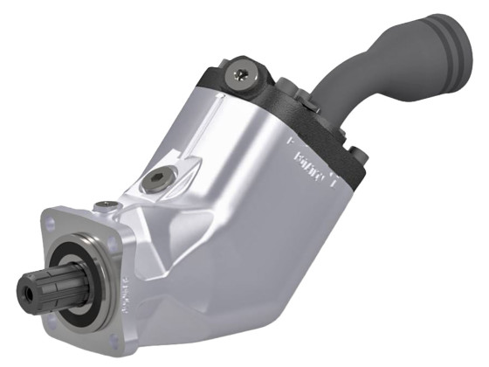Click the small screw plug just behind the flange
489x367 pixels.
[106, 204]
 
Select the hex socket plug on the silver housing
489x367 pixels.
[155, 178]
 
